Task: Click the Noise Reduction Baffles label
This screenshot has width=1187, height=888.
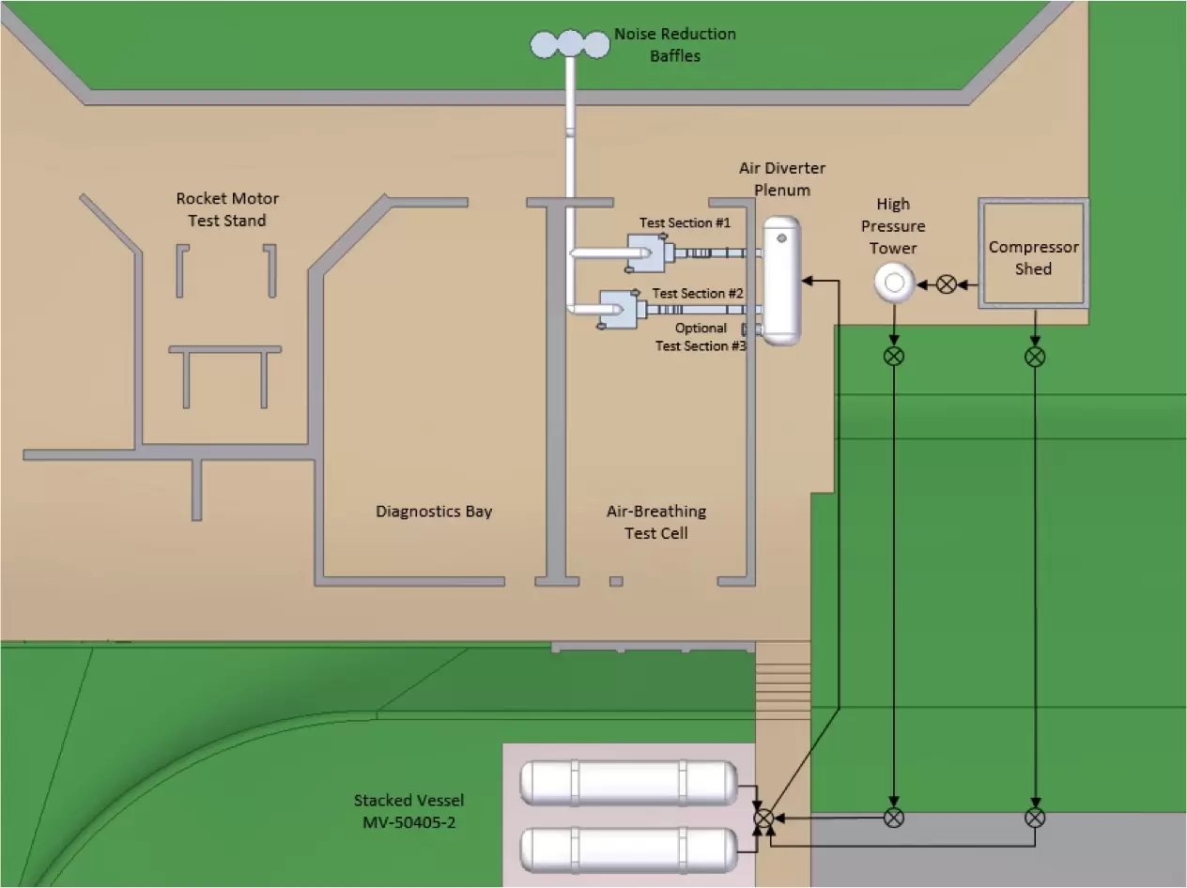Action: pyautogui.click(x=674, y=45)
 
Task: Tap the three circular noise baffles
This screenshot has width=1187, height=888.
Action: pyautogui.click(x=569, y=43)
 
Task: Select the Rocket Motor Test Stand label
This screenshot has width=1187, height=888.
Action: pyautogui.click(x=227, y=209)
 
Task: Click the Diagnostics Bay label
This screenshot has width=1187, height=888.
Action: pyautogui.click(x=434, y=512)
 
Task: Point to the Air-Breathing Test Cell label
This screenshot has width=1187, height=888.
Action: pyautogui.click(x=656, y=522)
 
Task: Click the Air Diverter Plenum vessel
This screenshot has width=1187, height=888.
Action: pyautogui.click(x=781, y=280)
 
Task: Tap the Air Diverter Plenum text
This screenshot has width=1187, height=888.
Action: pyautogui.click(x=782, y=178)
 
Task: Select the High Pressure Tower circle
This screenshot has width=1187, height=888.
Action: pyautogui.click(x=894, y=283)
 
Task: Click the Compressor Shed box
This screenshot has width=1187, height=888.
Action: pyautogui.click(x=1033, y=253)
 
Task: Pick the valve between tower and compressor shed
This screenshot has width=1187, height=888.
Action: pyautogui.click(x=947, y=283)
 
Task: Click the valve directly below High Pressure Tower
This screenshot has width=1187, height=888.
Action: pyautogui.click(x=894, y=357)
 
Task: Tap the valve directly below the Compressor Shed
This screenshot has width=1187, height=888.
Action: pyautogui.click(x=1035, y=357)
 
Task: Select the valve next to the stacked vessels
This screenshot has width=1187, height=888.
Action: pyautogui.click(x=764, y=818)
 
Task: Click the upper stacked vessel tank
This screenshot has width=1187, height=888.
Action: pyautogui.click(x=629, y=783)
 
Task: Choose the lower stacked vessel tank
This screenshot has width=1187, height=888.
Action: pyautogui.click(x=629, y=850)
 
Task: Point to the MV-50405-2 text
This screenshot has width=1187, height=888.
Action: pyautogui.click(x=409, y=821)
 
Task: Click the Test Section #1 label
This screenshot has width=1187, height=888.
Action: pyautogui.click(x=685, y=223)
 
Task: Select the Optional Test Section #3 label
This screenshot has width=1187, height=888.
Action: pyautogui.click(x=701, y=337)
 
